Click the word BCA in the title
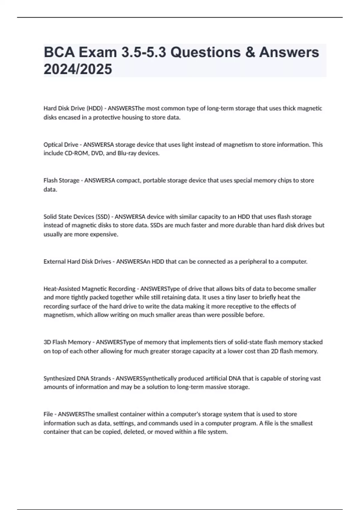59,52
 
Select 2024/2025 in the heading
78,69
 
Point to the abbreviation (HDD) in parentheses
94,108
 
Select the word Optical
52,145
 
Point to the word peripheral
253,262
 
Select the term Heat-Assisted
62,289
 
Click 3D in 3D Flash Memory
47,342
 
